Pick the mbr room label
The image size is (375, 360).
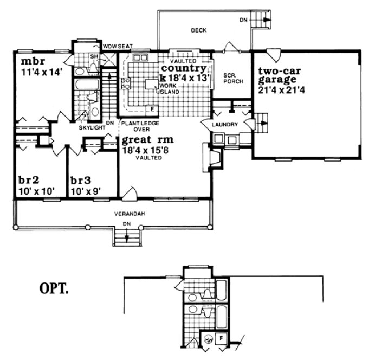point(25,59)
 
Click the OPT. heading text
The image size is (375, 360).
point(54,288)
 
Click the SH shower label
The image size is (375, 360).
point(93,56)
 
